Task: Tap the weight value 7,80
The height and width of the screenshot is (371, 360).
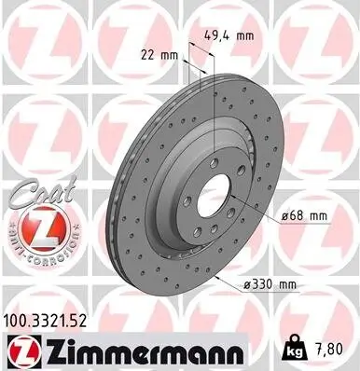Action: [336, 348]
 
